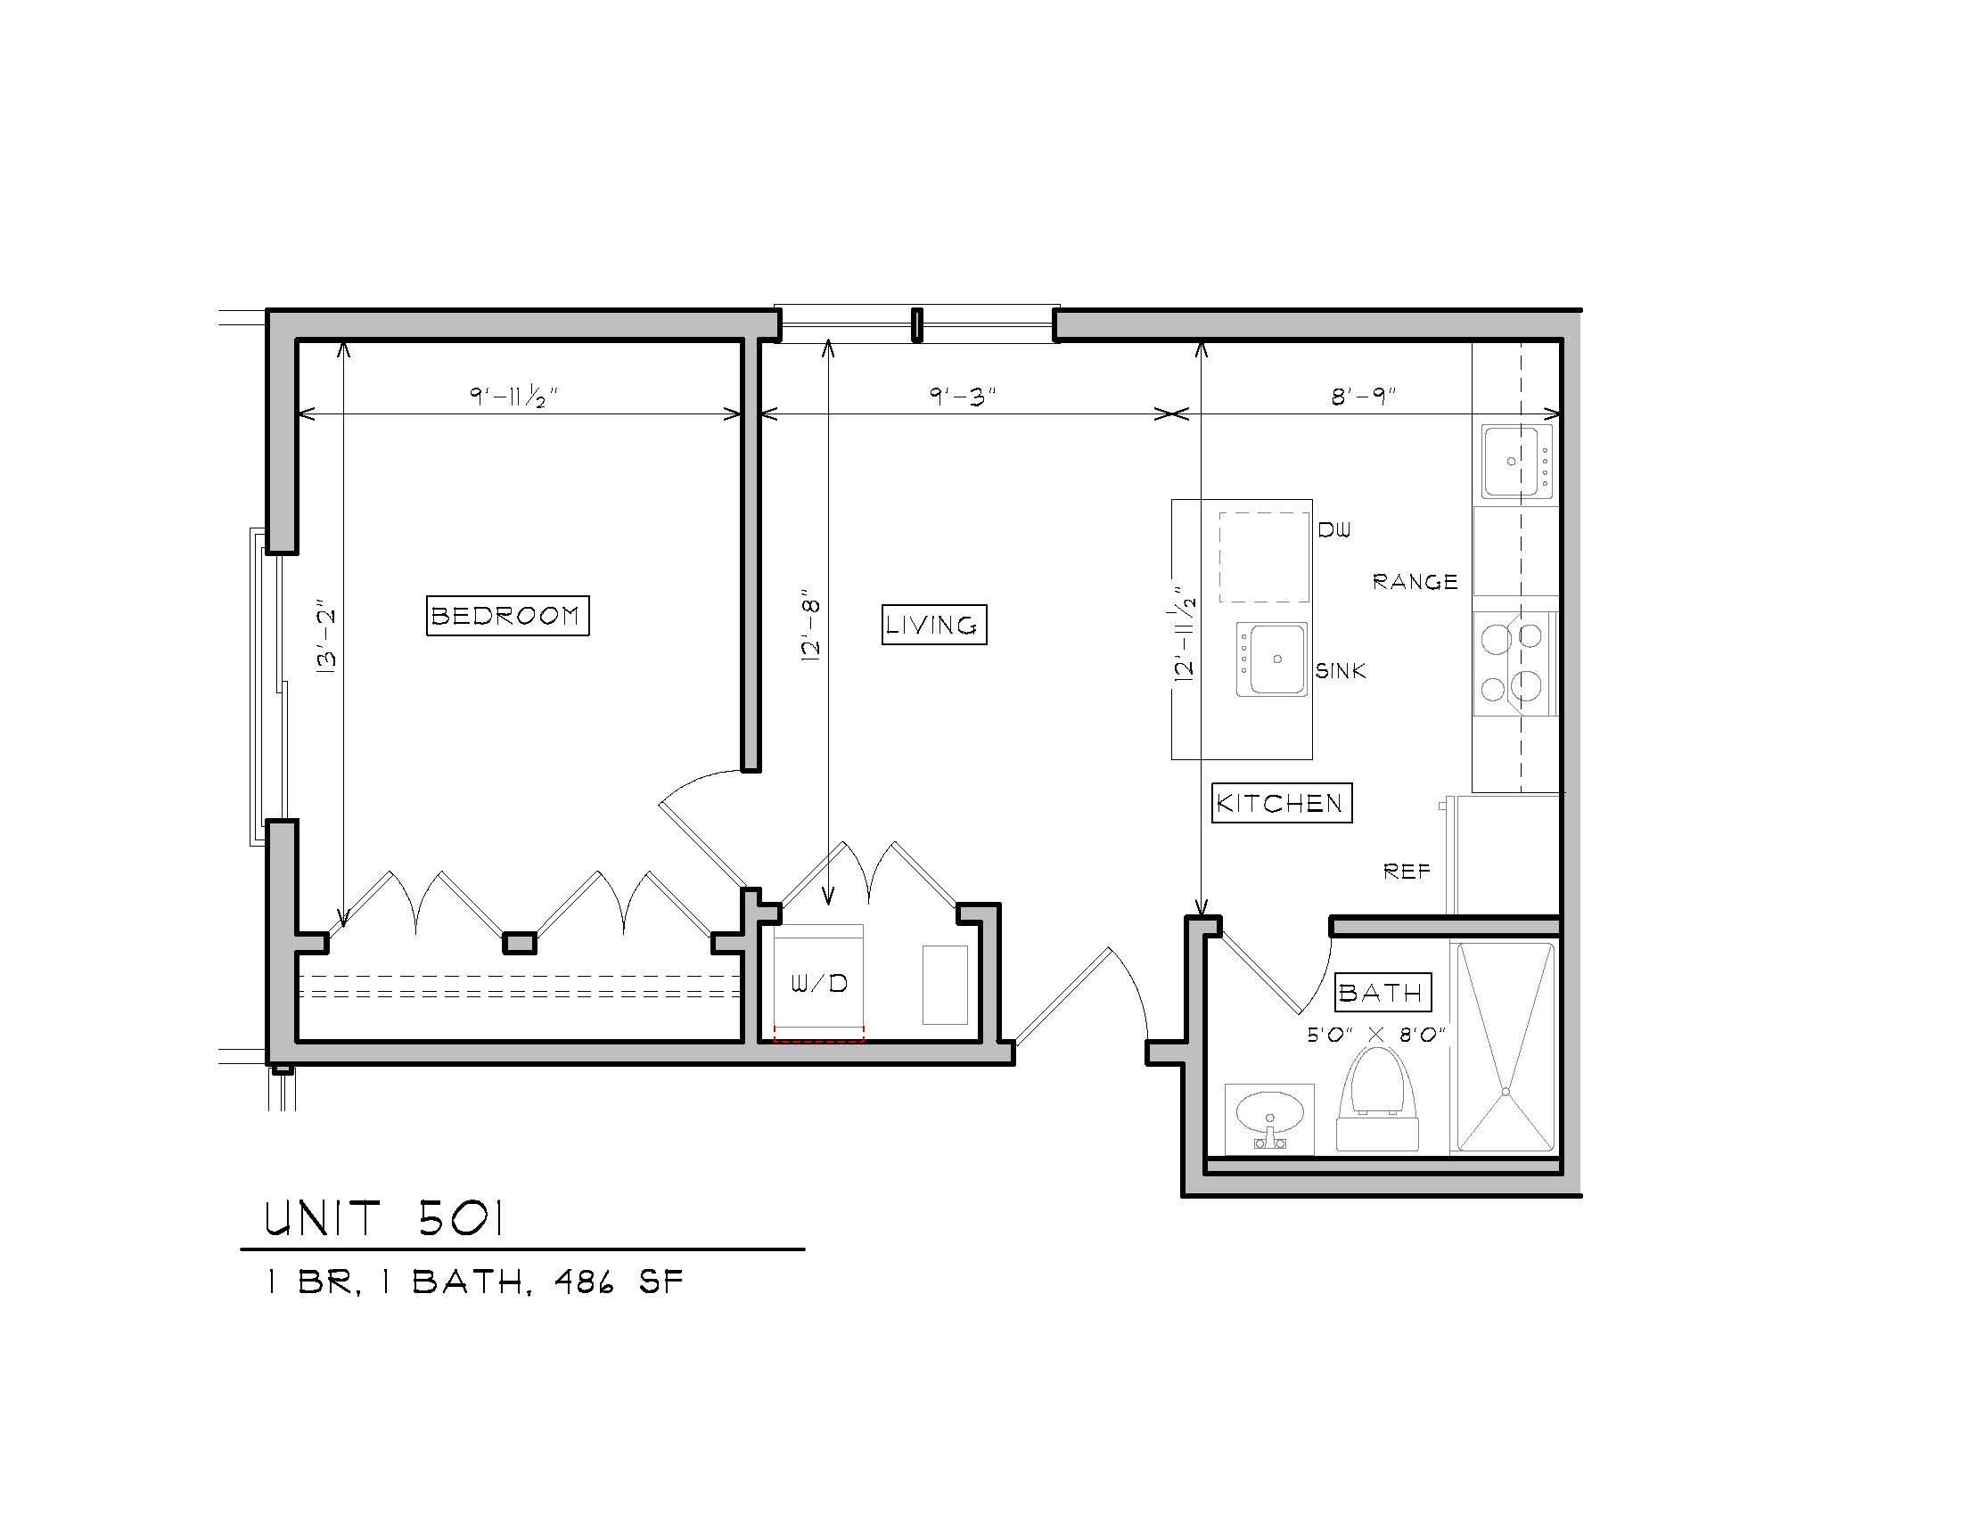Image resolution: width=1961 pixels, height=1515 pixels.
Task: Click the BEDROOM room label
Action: pyautogui.click(x=507, y=616)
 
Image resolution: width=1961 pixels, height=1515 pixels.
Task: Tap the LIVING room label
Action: pyautogui.click(x=934, y=625)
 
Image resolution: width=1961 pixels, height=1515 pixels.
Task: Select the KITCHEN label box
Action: pyautogui.click(x=1281, y=802)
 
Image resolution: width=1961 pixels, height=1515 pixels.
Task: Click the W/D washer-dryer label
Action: pyautogui.click(x=819, y=984)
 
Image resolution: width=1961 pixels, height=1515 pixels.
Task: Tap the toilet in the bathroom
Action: pyautogui.click(x=1377, y=1099)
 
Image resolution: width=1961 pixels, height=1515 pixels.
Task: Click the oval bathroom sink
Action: pyautogui.click(x=1268, y=1117)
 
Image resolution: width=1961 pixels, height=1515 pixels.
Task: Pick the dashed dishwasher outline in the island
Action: pyautogui.click(x=1263, y=557)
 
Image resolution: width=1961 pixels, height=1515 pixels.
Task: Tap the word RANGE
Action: pyautogui.click(x=1415, y=583)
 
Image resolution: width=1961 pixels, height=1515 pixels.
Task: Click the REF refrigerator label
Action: pyautogui.click(x=1407, y=871)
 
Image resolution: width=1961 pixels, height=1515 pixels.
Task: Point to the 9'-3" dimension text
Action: pyautogui.click(x=963, y=396)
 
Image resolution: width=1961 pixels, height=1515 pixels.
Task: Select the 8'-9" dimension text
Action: pyautogui.click(x=1364, y=396)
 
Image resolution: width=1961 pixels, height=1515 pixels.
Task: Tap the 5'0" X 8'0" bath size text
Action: pyautogui.click(x=1375, y=1035)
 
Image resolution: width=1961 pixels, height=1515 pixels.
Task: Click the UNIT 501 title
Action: pyautogui.click(x=384, y=1220)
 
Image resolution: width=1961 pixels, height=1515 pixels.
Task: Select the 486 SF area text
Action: pyautogui.click(x=619, y=1282)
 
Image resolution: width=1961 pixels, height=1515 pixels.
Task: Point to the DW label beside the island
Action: pyautogui.click(x=1334, y=530)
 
